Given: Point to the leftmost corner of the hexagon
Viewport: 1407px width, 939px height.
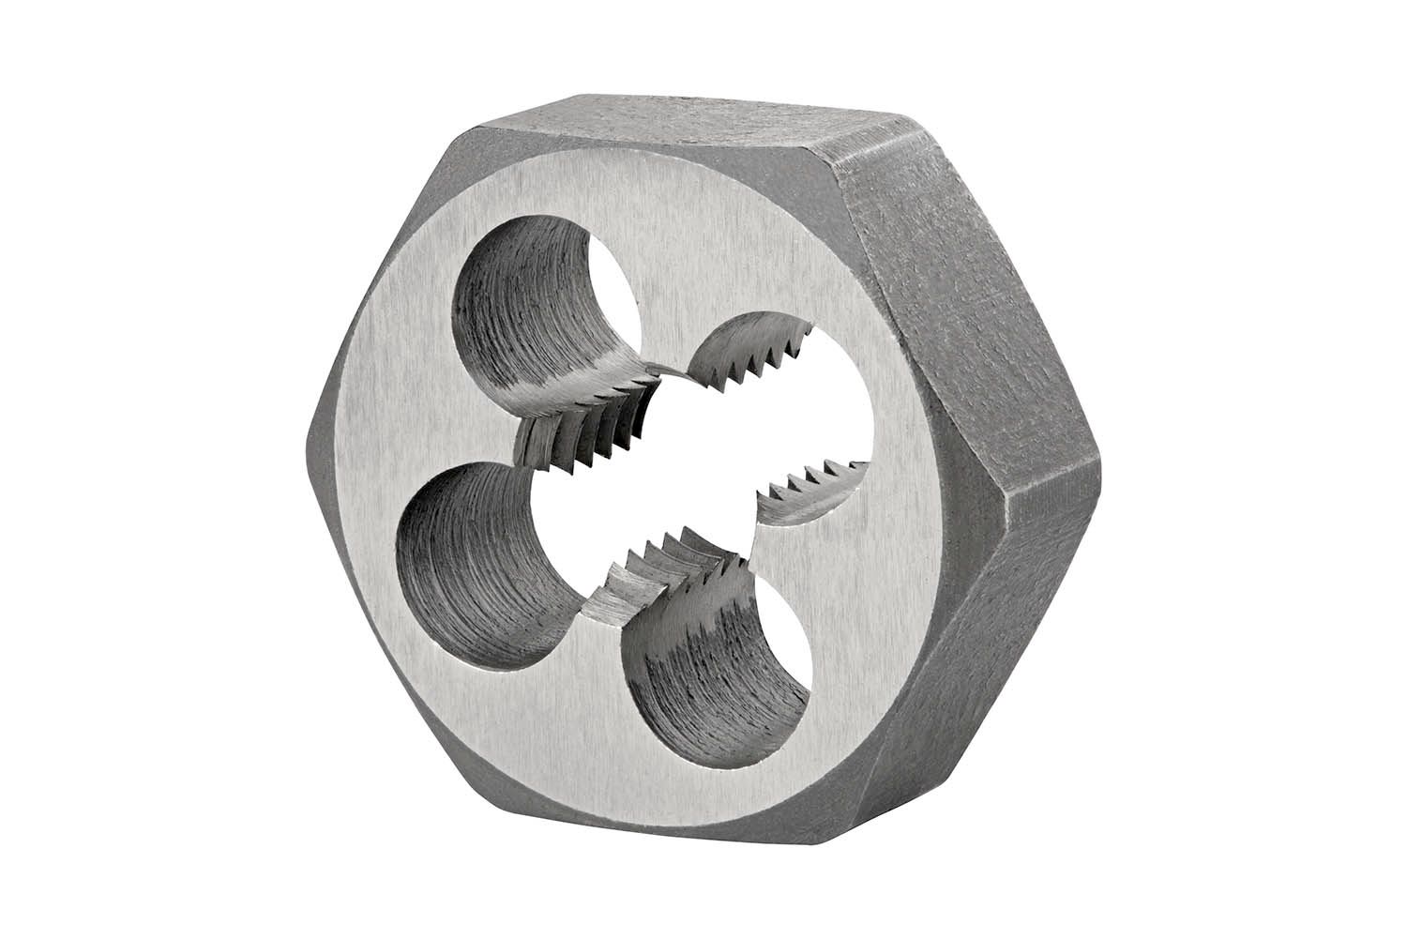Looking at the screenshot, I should pos(309,432).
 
